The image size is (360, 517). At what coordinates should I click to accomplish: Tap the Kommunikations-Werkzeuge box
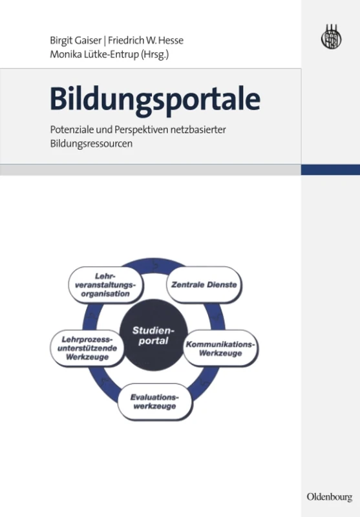click(x=221, y=349)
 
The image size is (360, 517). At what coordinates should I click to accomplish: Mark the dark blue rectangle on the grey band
click(x=330, y=169)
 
